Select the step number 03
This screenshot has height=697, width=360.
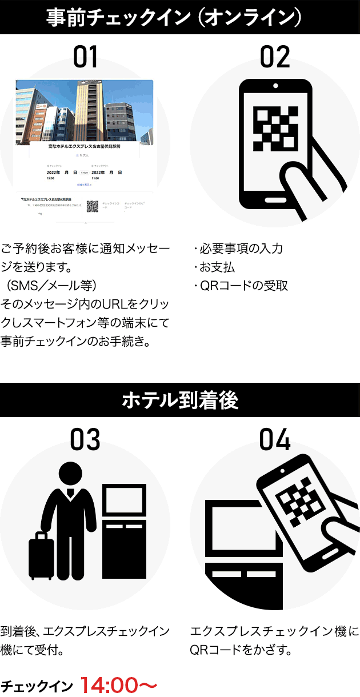pos(85,439)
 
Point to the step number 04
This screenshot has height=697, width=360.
pos(275,439)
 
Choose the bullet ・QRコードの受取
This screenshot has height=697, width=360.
pos(240,285)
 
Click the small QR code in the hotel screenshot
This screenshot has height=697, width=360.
pos(92,206)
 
